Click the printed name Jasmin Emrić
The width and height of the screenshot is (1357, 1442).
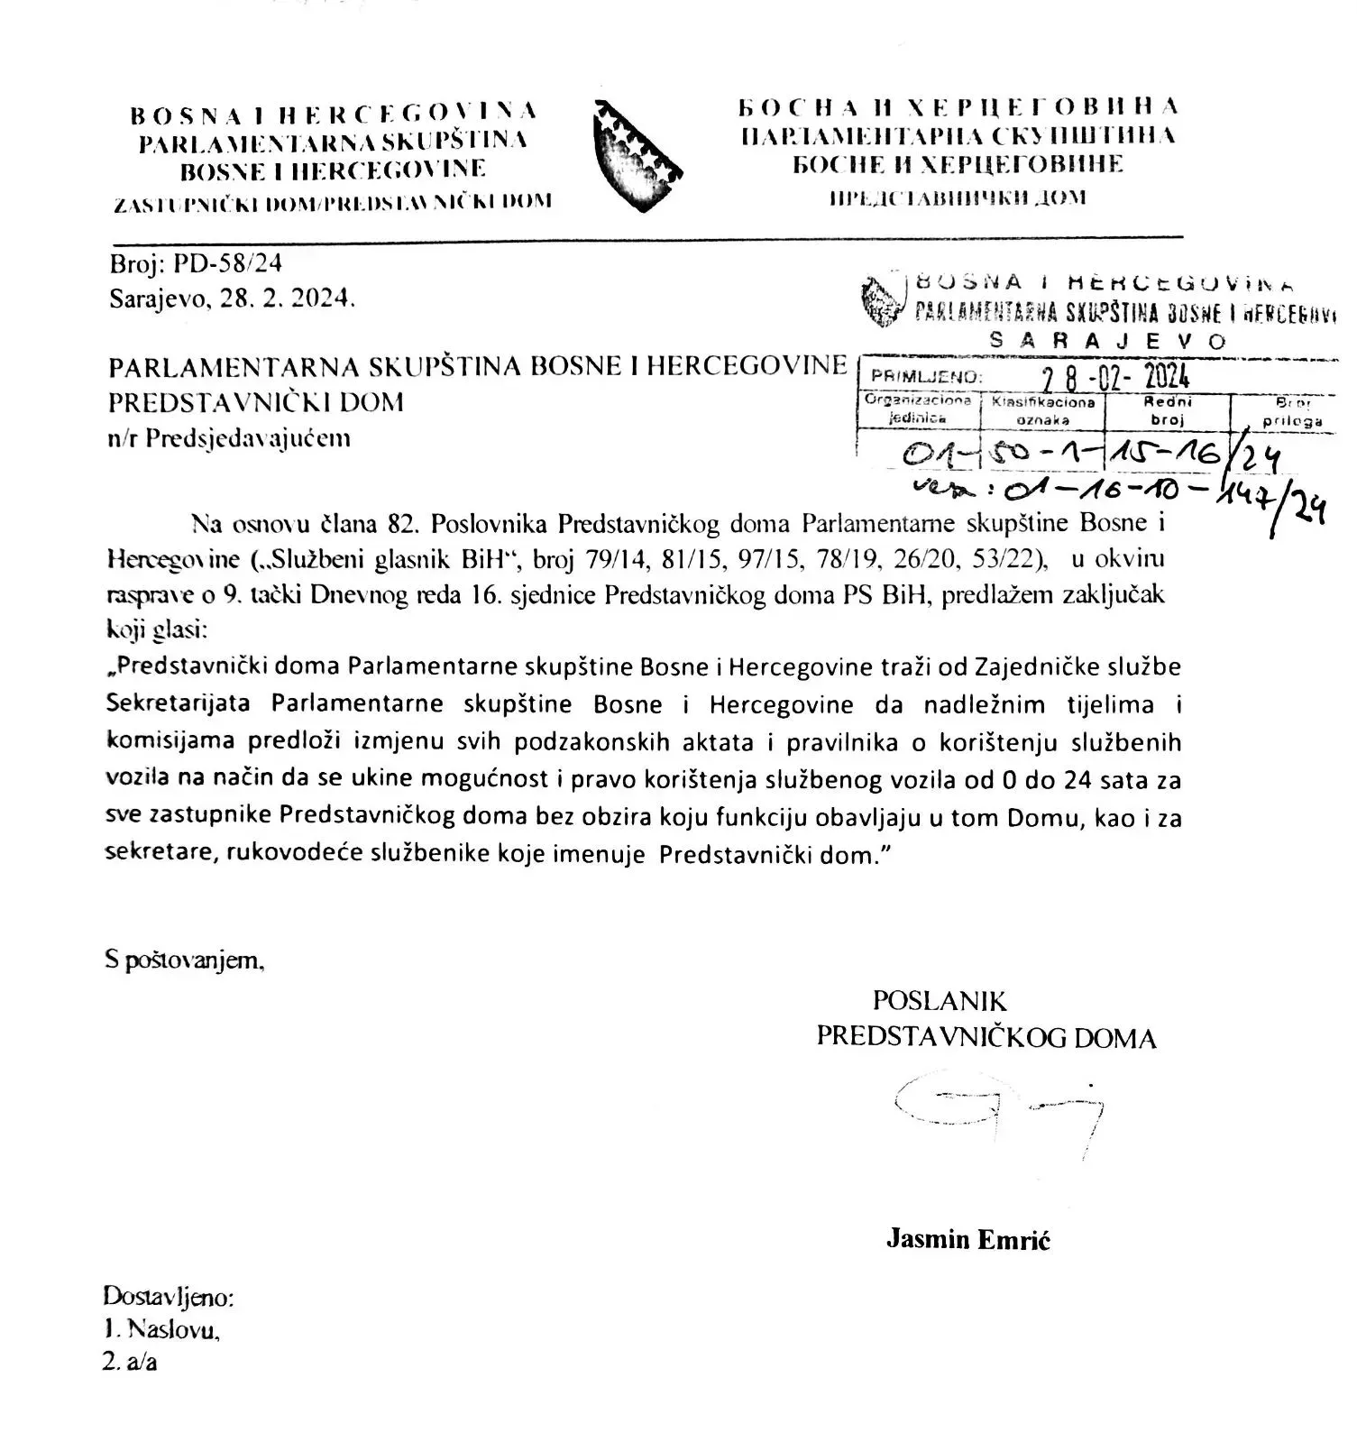[x=967, y=1239]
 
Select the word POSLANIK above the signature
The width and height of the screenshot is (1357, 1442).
[x=939, y=1000]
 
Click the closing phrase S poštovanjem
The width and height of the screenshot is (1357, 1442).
[x=185, y=961]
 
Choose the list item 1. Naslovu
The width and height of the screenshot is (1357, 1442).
[x=162, y=1329]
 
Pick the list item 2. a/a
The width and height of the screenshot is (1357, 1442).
[x=131, y=1362]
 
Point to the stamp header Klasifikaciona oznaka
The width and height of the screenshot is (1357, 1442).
[x=1042, y=410]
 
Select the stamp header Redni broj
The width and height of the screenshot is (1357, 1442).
[x=1167, y=410]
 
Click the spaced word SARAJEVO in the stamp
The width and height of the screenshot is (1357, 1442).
[x=1108, y=341]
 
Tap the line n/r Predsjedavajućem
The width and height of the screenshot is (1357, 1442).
[x=229, y=439]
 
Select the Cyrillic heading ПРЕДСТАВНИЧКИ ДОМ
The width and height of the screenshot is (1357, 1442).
[x=958, y=197]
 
